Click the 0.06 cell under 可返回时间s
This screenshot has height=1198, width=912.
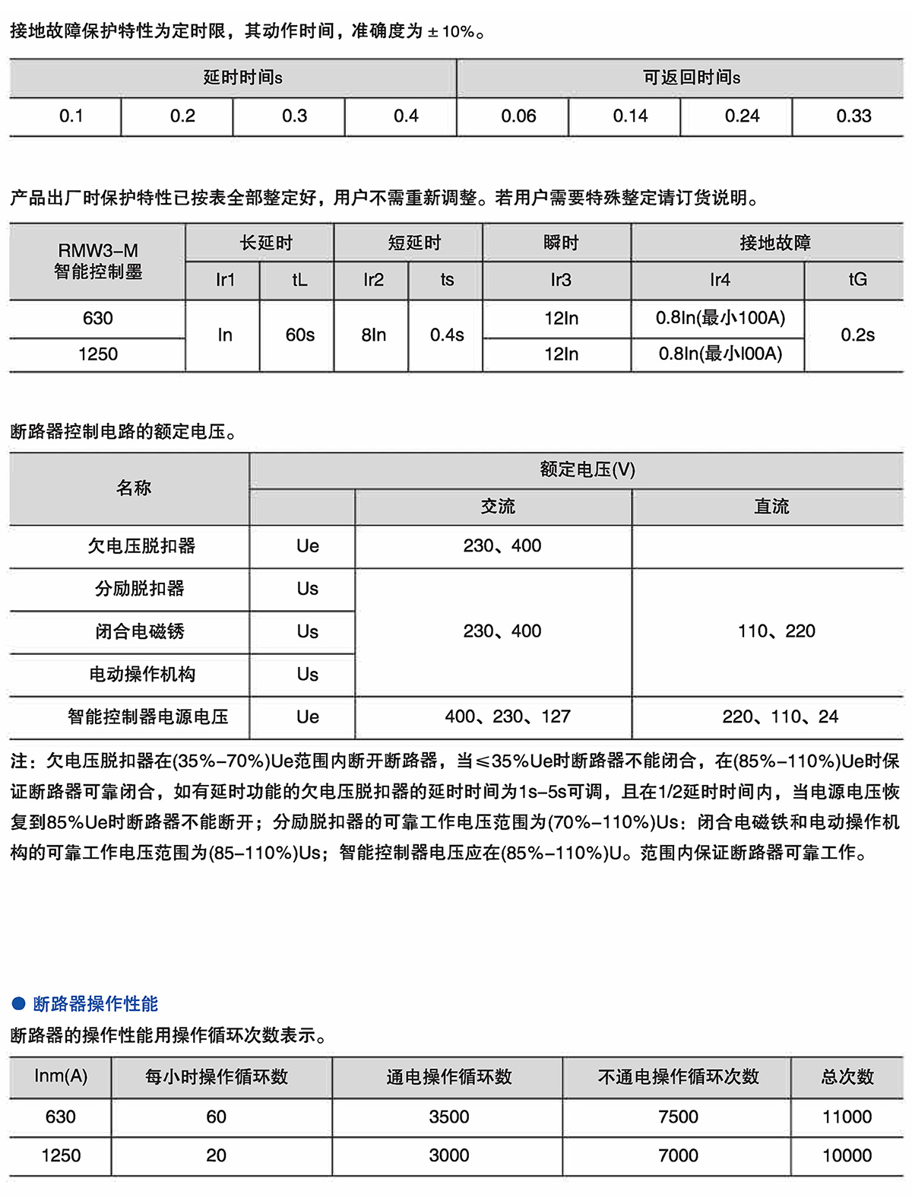coord(518,116)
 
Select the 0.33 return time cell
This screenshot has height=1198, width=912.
coord(853,116)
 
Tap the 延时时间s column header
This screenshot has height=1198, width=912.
coord(242,78)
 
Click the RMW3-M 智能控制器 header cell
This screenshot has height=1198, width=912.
coord(98,261)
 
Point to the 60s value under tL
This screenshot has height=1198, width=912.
coord(299,335)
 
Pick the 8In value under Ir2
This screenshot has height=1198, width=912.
coord(373,335)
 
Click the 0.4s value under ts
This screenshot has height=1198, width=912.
coord(447,335)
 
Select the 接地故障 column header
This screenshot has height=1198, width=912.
coord(774,243)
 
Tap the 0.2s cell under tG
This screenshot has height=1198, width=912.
coord(857,335)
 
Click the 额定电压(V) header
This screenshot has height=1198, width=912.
coord(587,470)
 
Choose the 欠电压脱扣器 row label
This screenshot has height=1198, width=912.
coord(141,546)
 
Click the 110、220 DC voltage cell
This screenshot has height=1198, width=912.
coord(776,631)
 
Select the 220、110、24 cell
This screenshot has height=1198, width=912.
coord(780,717)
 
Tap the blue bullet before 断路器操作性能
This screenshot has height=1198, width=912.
coord(19,1003)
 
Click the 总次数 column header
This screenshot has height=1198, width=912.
coord(847,1077)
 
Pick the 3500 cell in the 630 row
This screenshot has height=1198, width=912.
coord(448,1117)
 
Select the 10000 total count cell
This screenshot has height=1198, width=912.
coord(847,1156)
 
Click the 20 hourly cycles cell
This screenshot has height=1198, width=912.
coord(216,1156)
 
